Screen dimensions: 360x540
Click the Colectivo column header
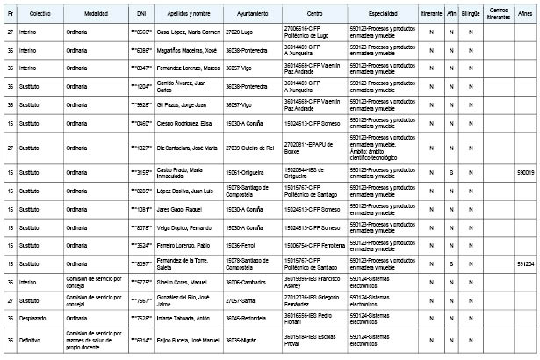(x=39, y=15)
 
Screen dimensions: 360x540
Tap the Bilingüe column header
(x=471, y=15)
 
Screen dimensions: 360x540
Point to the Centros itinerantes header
(x=499, y=15)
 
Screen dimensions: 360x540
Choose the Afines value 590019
(x=526, y=173)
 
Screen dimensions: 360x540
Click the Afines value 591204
(x=526, y=263)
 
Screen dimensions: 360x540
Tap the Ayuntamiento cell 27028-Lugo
(x=240, y=32)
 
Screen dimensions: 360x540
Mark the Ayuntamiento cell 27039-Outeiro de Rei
(x=250, y=148)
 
